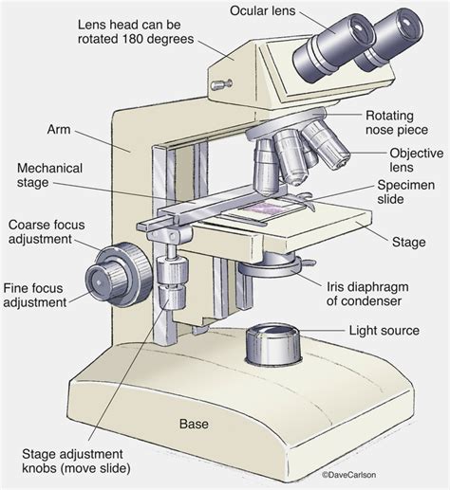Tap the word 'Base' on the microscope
tap(194, 424)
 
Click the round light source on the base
tap(272, 345)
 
